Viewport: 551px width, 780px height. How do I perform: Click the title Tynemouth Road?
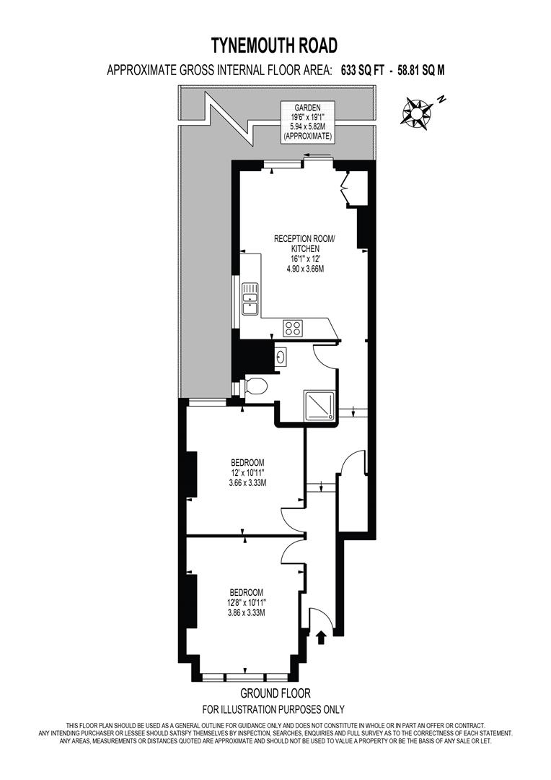click(x=274, y=45)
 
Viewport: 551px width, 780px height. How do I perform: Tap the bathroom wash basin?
click(x=281, y=356)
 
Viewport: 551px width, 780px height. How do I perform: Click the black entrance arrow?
click(x=321, y=637)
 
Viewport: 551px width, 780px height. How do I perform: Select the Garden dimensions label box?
click(x=307, y=122)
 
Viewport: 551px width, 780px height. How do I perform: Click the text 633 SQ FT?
click(x=363, y=71)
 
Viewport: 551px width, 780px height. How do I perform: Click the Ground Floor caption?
click(x=275, y=693)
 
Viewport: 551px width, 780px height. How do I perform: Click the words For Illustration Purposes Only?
click(x=273, y=709)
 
